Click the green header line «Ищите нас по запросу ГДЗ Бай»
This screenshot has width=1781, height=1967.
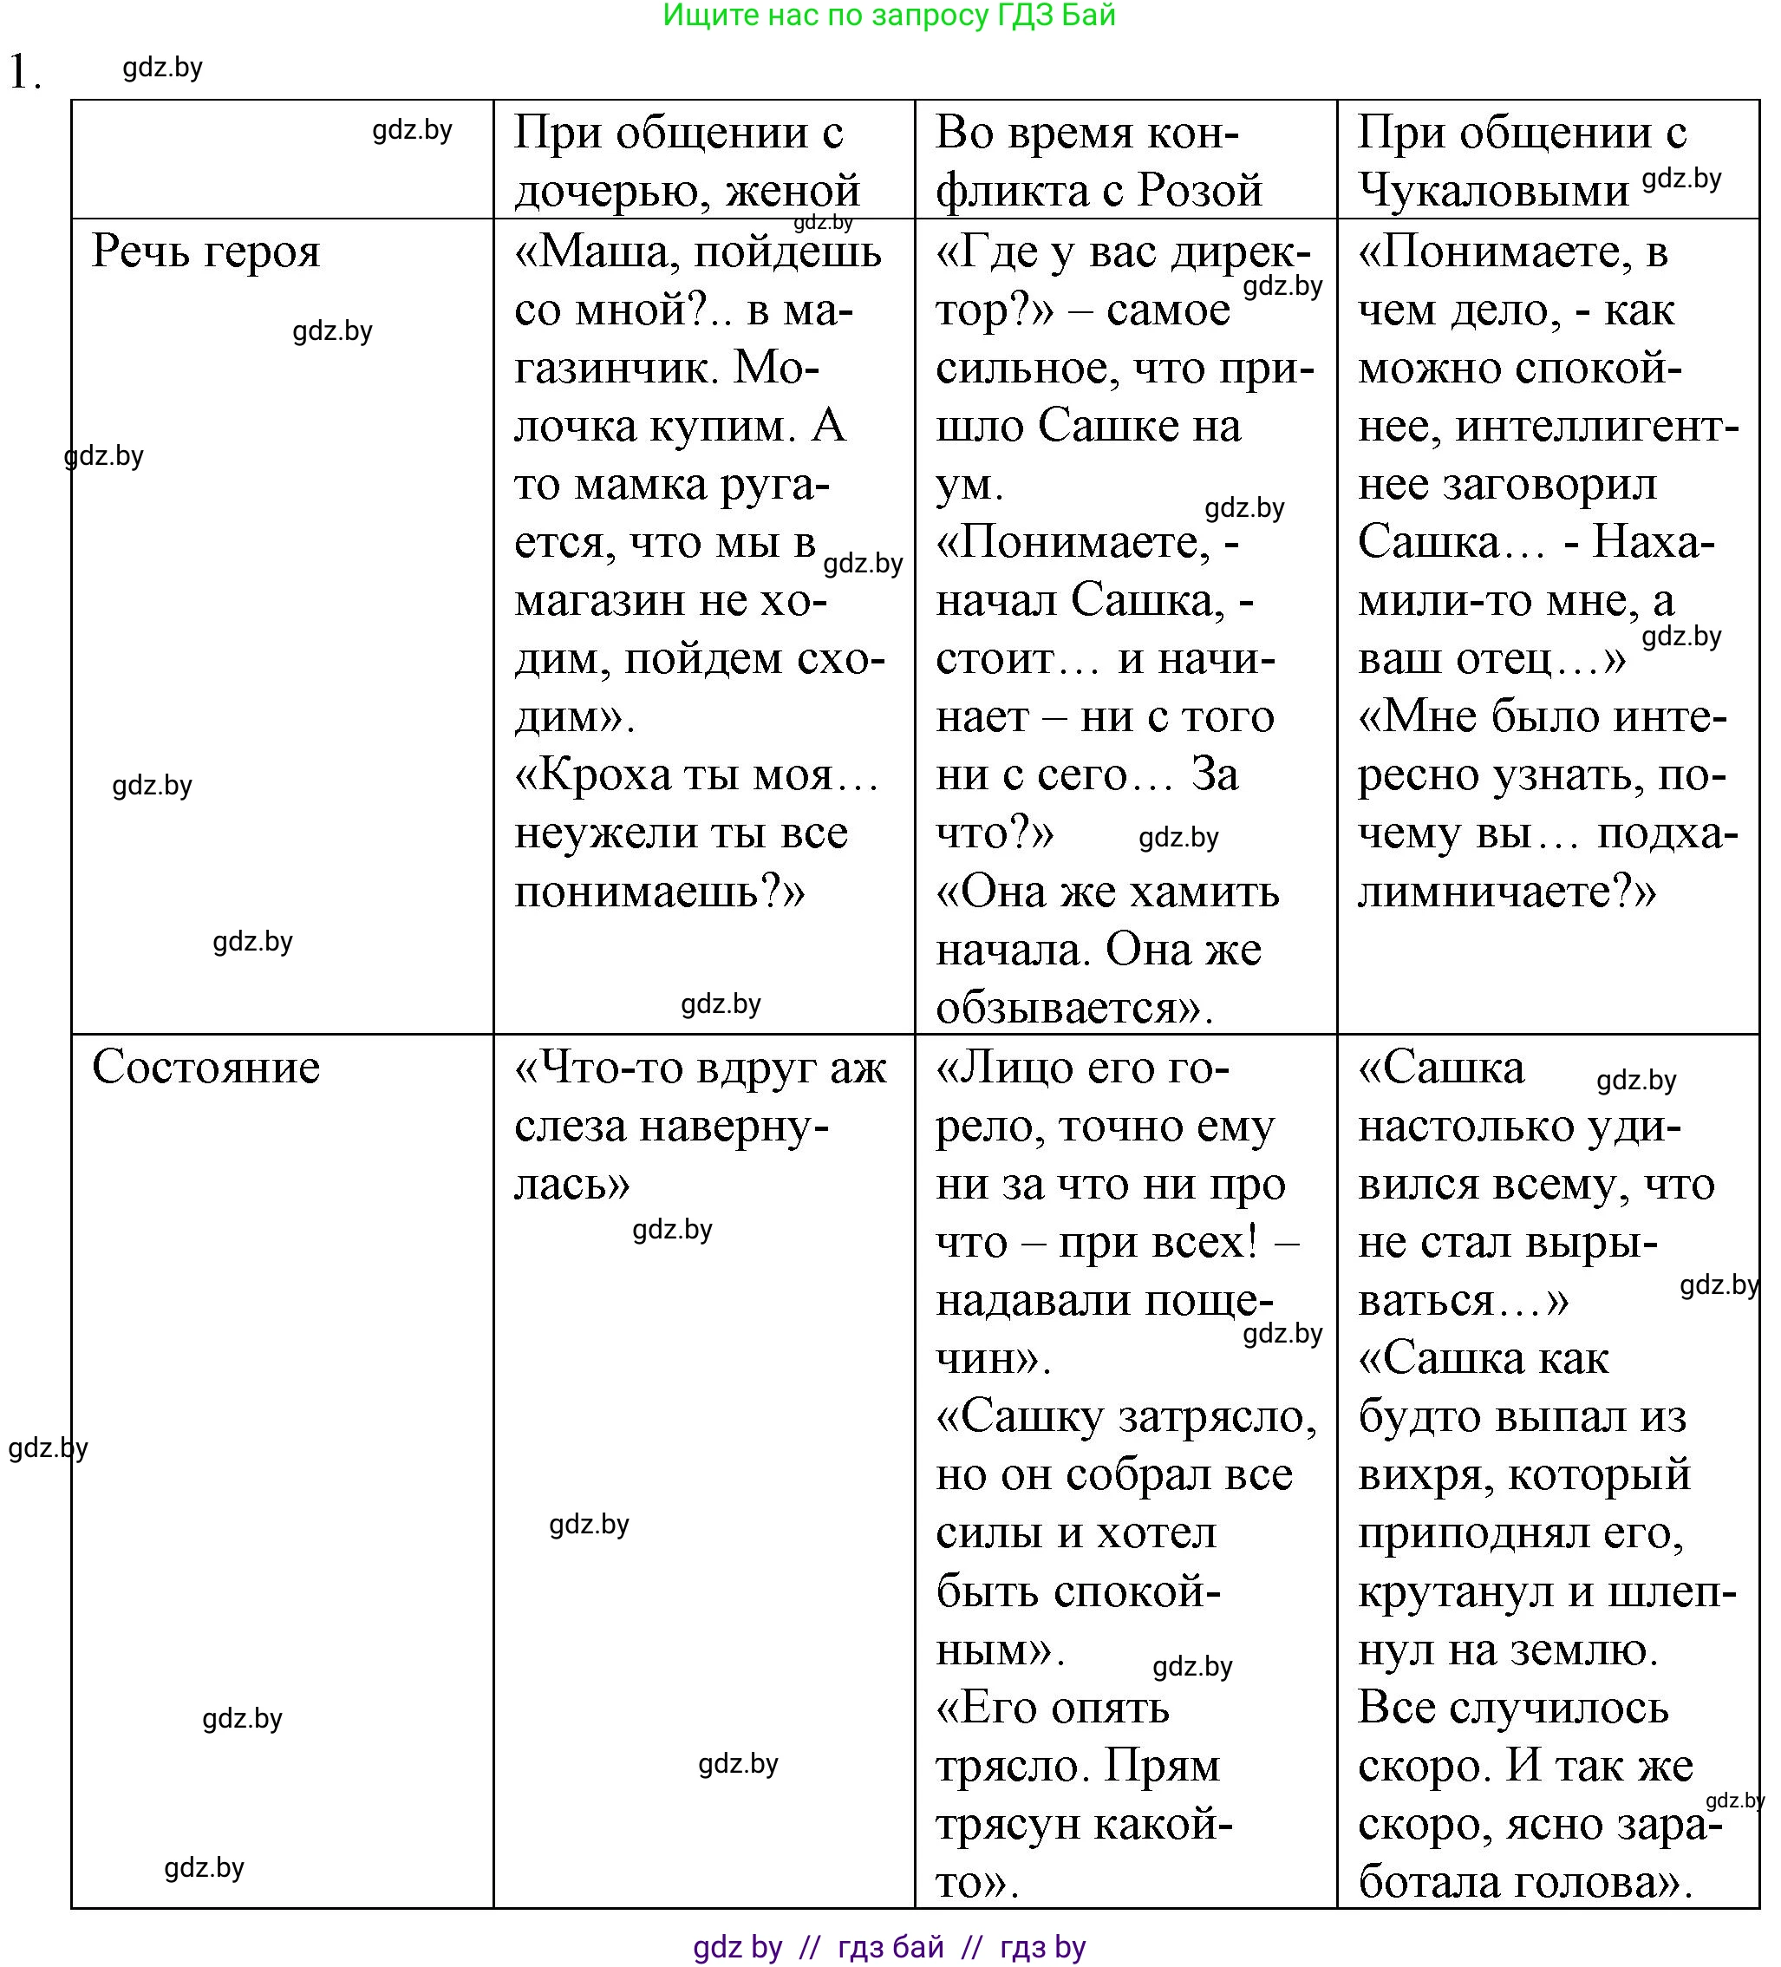point(889,16)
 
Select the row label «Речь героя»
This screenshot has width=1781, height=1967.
point(205,252)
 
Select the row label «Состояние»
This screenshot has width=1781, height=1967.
point(205,1068)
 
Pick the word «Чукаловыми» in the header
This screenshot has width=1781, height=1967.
point(1493,190)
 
